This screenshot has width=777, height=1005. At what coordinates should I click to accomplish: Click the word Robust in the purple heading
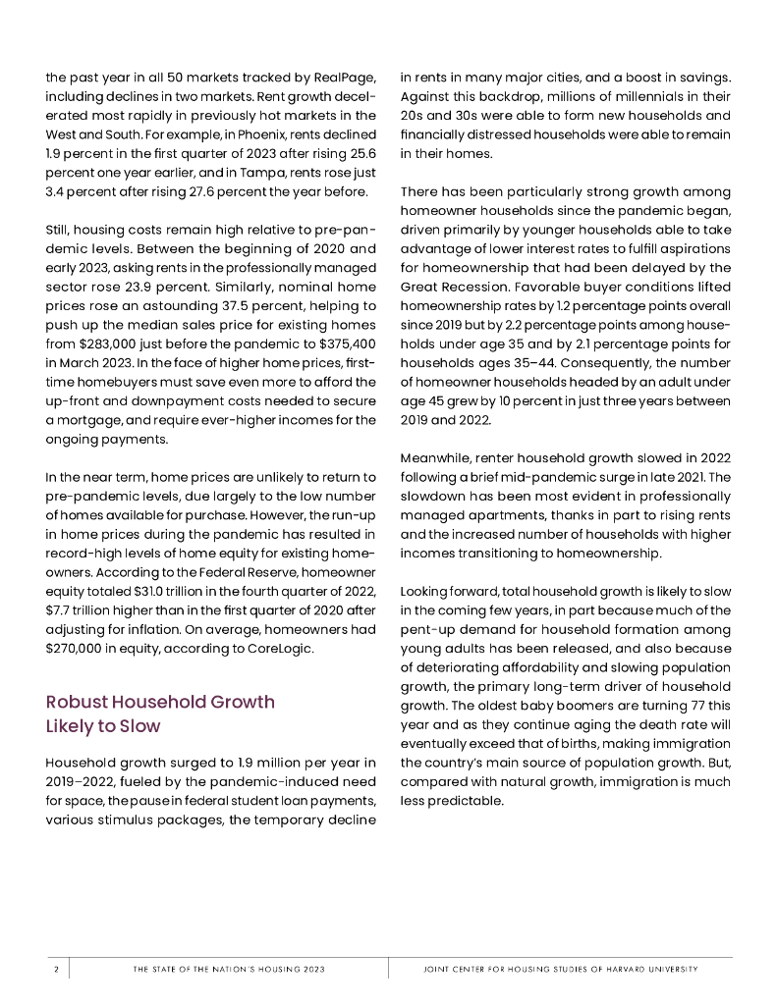(77, 702)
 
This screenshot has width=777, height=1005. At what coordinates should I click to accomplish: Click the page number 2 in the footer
(56, 970)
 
